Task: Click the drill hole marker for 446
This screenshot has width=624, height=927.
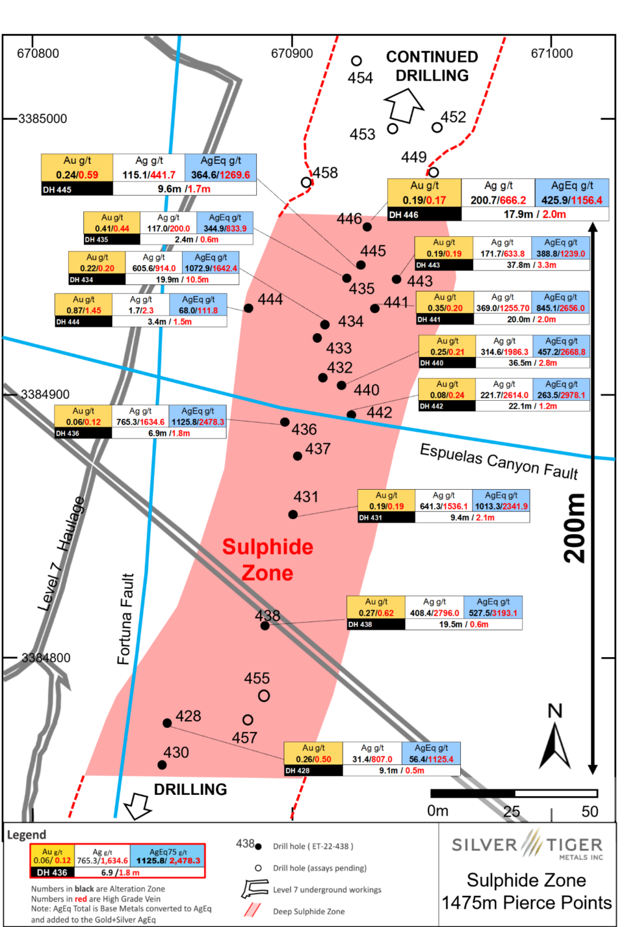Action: tap(367, 227)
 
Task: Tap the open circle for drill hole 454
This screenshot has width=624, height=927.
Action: tap(356, 60)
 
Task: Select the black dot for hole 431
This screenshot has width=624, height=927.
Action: tap(293, 515)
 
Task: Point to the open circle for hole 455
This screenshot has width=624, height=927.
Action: tap(264, 695)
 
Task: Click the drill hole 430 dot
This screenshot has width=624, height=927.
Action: tap(162, 765)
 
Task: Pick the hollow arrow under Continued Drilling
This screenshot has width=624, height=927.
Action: tap(404, 104)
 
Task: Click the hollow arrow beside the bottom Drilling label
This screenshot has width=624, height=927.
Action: tap(138, 805)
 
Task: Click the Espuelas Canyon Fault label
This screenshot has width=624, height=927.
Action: tap(499, 461)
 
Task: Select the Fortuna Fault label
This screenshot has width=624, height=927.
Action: tap(125, 619)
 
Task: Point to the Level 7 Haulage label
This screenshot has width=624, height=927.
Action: tap(62, 554)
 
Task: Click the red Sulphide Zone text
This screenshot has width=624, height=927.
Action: tap(267, 559)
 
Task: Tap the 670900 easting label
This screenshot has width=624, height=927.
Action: tap(292, 53)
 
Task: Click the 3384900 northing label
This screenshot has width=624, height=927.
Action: tap(45, 394)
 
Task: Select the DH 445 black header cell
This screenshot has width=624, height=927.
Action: tap(77, 189)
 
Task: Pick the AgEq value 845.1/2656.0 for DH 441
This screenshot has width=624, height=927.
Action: tap(560, 308)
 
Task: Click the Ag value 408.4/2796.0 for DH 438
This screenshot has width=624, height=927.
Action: tap(434, 613)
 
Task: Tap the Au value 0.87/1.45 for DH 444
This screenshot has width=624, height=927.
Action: tap(84, 310)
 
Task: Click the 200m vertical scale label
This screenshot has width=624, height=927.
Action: tap(575, 528)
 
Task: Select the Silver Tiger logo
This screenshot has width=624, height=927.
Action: tap(527, 845)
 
